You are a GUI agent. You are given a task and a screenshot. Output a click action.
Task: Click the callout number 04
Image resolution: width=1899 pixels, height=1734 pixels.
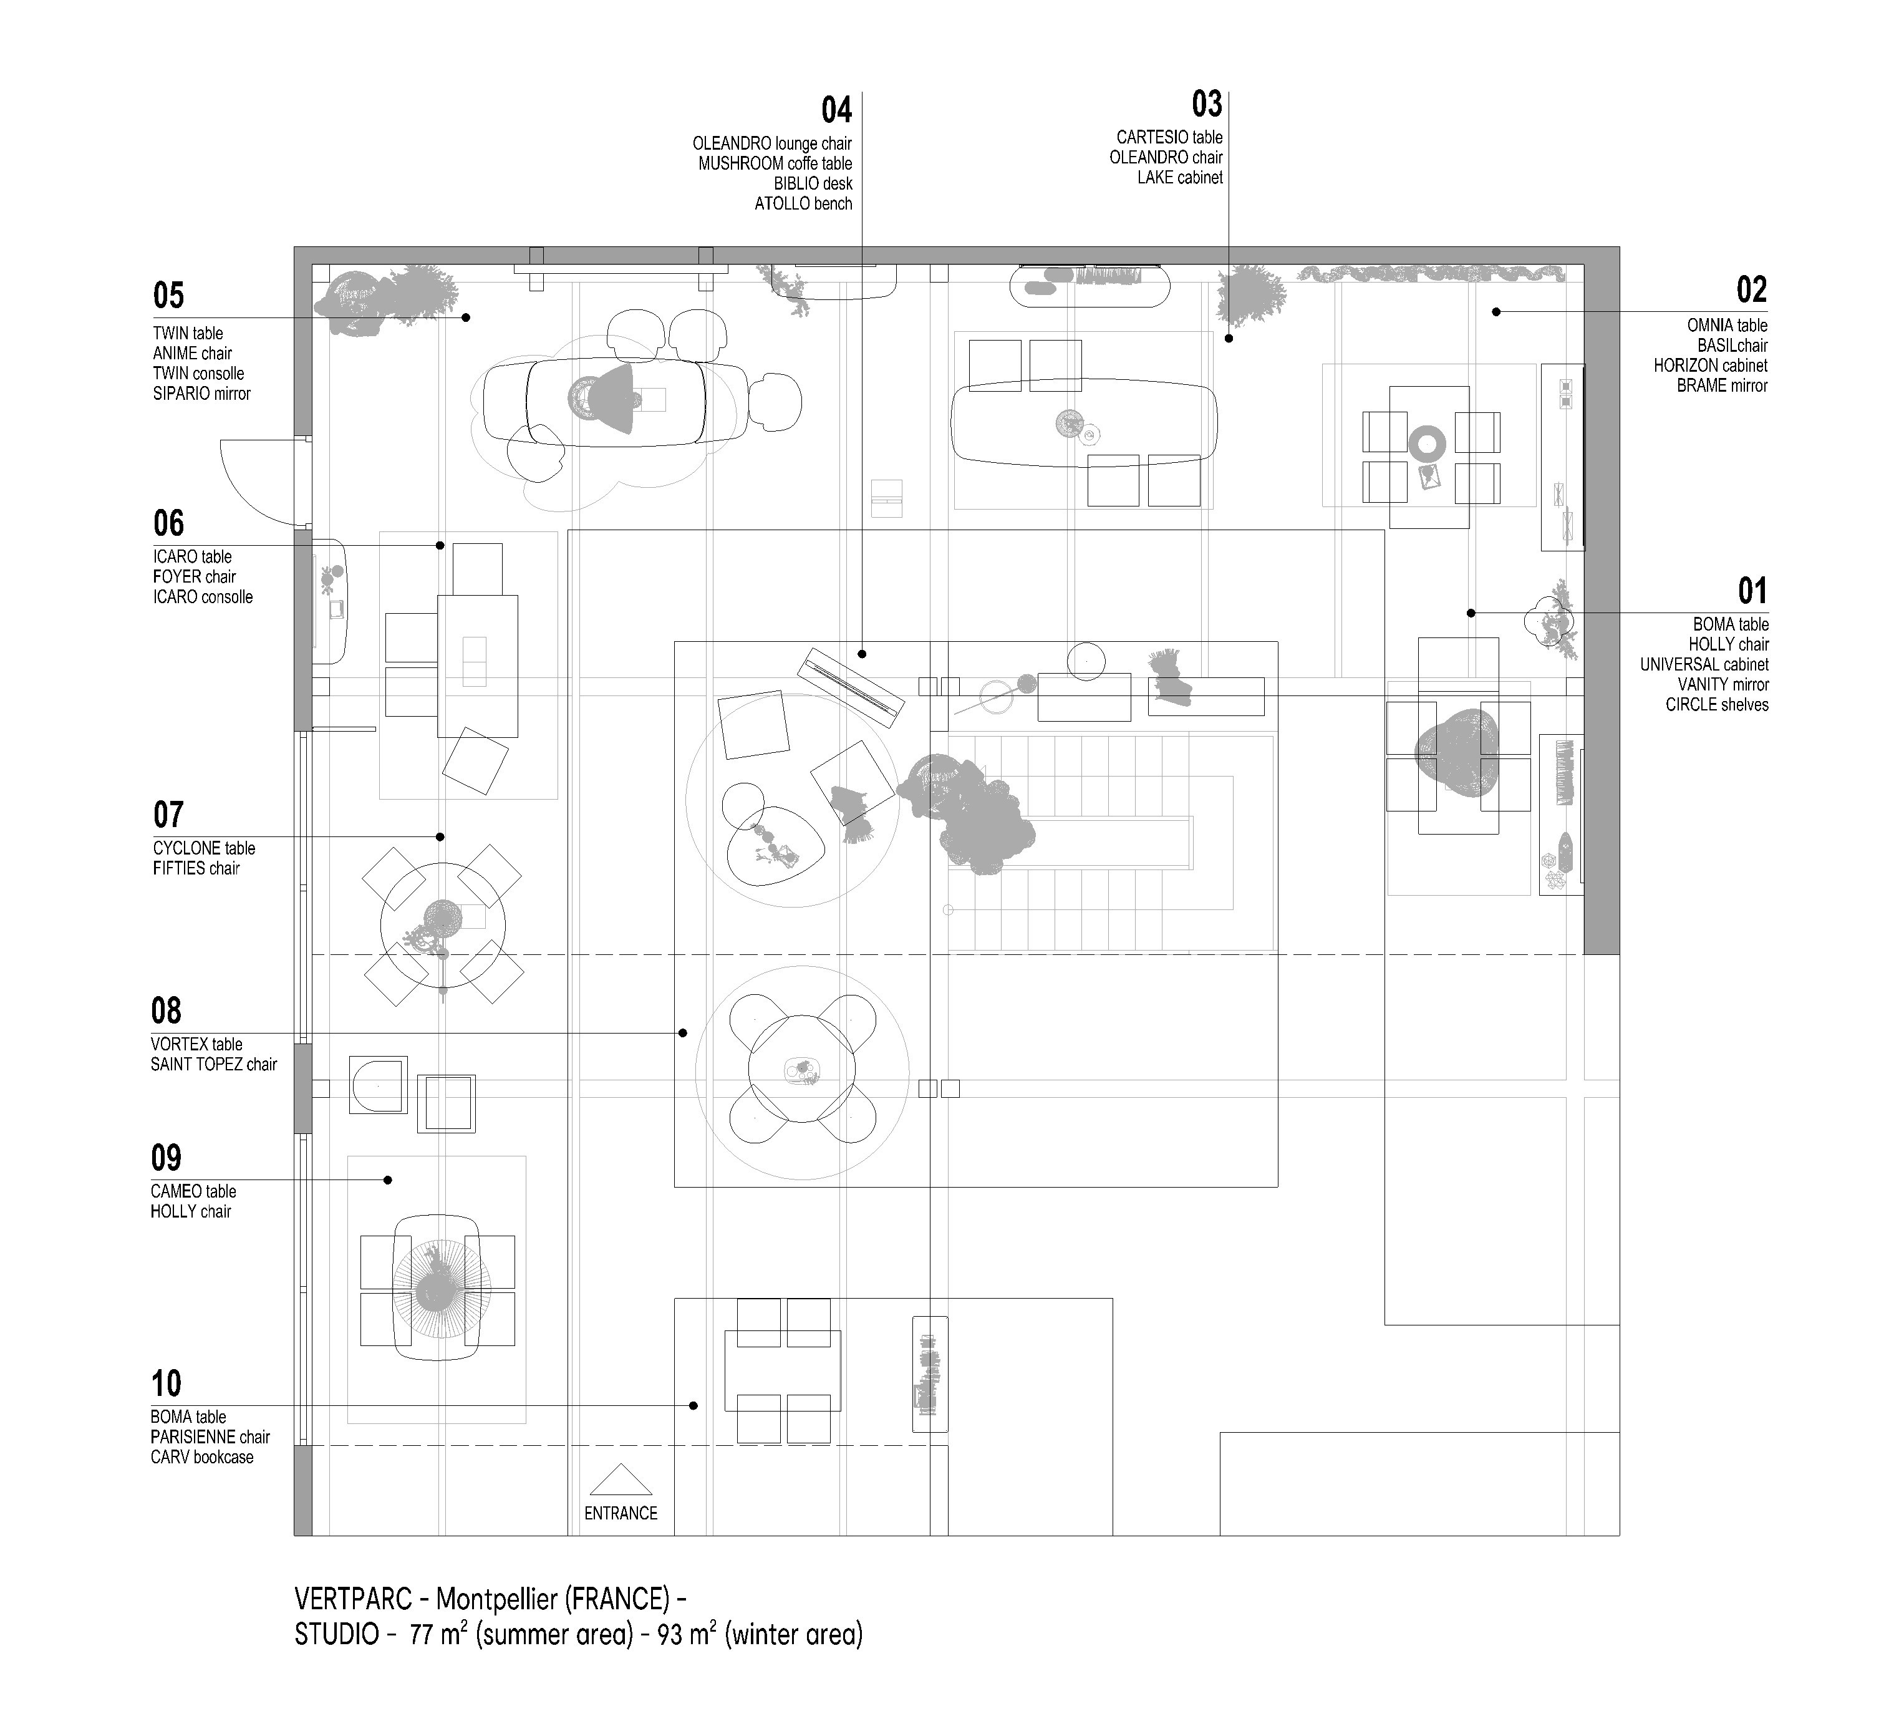coord(836,111)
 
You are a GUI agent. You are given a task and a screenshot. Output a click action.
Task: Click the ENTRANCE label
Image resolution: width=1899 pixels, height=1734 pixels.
coord(621,1513)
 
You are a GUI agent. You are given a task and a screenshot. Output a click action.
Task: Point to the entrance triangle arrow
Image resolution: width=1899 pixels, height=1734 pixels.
coord(621,1481)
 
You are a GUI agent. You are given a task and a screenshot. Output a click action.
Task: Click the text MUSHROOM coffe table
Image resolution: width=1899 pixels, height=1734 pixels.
coord(775,164)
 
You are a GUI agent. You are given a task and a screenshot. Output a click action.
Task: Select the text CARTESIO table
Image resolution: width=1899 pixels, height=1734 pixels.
coord(1169,137)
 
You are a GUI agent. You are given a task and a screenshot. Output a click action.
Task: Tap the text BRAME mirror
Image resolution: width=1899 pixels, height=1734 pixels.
coord(1722,385)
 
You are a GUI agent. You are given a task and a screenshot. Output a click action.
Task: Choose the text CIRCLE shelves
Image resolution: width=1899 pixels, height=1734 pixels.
coord(1716,705)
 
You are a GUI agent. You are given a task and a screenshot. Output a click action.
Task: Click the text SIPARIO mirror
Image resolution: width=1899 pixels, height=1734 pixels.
coord(201,394)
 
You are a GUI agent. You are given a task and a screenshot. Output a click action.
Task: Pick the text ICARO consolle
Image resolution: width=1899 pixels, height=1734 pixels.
coord(203,597)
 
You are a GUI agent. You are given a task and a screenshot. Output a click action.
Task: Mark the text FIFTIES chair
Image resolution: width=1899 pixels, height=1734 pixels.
coord(196,868)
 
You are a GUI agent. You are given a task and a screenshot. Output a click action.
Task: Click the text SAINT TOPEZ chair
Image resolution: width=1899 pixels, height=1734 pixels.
coord(214,1064)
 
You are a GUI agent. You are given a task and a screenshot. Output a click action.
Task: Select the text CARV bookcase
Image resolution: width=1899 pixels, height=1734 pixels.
coord(201,1457)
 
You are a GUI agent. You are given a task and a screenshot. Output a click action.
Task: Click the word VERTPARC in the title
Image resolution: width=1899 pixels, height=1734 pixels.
coord(353,1599)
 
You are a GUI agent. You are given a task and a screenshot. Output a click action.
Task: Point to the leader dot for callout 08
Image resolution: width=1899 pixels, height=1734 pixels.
coord(683,1034)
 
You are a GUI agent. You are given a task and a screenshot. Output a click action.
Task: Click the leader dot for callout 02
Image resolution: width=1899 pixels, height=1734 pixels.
coord(1496,312)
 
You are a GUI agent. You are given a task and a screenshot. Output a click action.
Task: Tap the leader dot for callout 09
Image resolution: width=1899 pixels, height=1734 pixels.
coord(387,1180)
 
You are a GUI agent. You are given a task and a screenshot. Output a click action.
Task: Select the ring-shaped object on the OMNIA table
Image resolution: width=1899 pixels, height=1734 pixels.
coord(1427,443)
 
